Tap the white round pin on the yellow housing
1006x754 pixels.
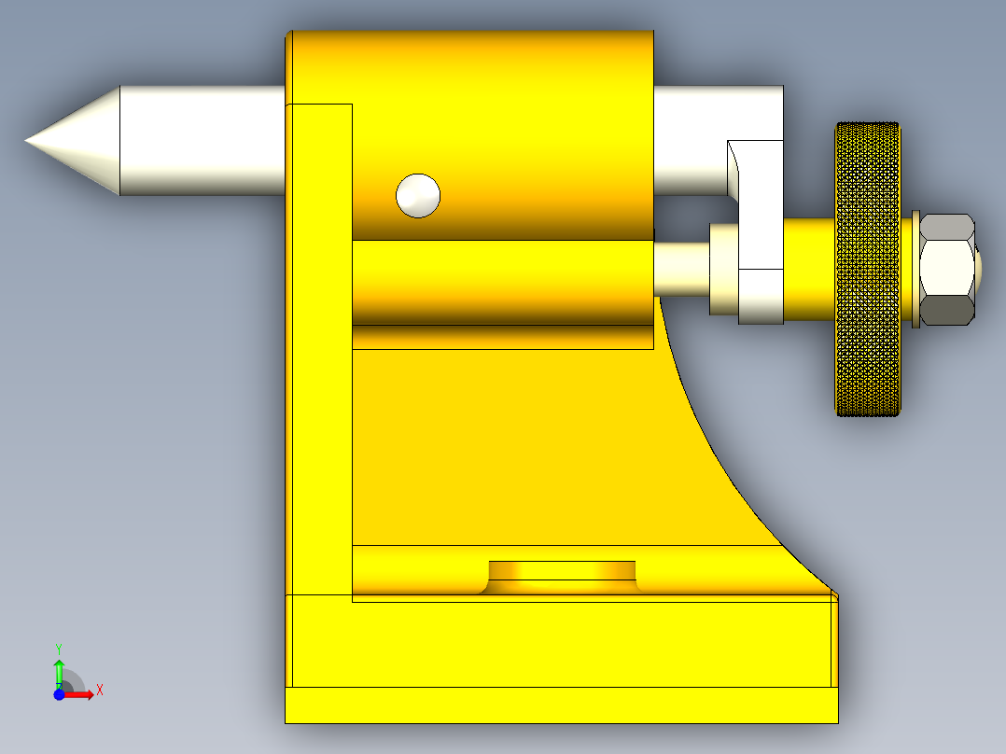(x=418, y=196)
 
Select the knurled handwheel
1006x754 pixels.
(x=868, y=269)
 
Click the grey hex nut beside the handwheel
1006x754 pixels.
(x=947, y=270)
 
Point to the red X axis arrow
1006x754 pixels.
(x=78, y=694)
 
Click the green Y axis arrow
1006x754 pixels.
(x=59, y=674)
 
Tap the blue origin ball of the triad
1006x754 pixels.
(x=59, y=694)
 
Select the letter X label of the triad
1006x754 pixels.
(x=100, y=691)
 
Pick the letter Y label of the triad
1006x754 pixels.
(x=59, y=649)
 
